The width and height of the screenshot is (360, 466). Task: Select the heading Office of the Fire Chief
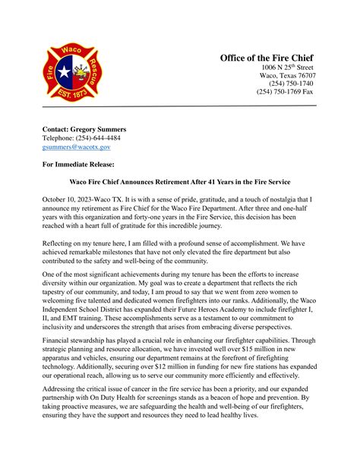coord(267,58)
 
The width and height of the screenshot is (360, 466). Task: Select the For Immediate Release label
coord(78,164)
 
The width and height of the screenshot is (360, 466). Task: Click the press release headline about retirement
coord(179,183)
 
